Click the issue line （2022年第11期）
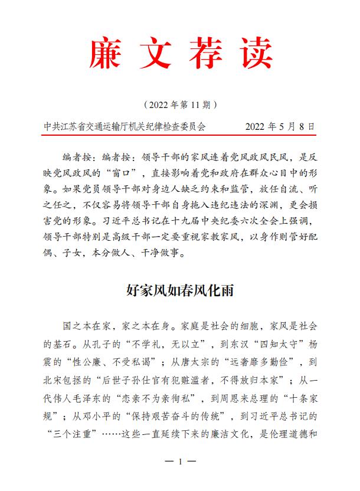[181, 106]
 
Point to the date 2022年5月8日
[279, 126]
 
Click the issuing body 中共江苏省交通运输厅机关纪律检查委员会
[125, 126]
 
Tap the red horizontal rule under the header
[181, 135]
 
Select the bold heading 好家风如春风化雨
[181, 290]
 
